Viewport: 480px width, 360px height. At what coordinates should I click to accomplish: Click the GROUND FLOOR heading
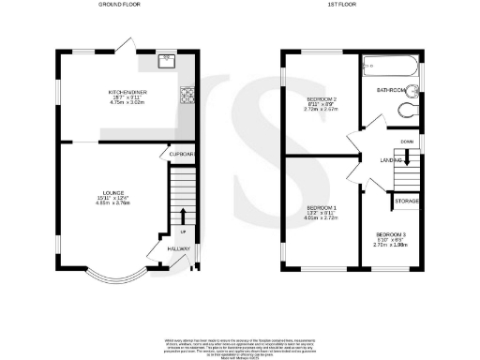pyautogui.click(x=121, y=5)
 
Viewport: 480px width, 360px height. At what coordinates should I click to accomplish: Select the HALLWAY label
pyautogui.click(x=178, y=248)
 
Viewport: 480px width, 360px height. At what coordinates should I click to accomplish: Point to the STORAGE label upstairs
pyautogui.click(x=406, y=201)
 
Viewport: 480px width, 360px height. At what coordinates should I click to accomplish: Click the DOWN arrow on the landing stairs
pyautogui.click(x=406, y=158)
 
